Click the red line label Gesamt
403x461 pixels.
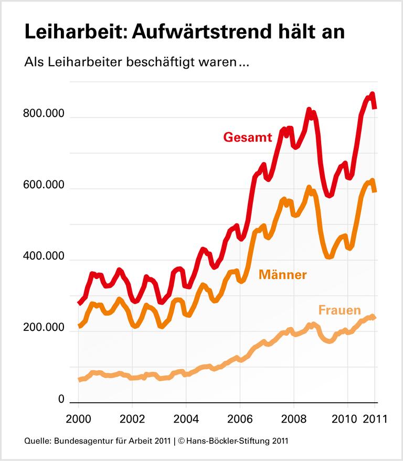click(x=248, y=137)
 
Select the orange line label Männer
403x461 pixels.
click(x=282, y=274)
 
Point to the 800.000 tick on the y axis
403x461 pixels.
click(x=44, y=115)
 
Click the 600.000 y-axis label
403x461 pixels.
click(x=44, y=186)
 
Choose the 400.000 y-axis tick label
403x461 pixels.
click(x=44, y=258)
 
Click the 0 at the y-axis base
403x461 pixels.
click(x=61, y=400)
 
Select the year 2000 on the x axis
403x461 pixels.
click(x=78, y=419)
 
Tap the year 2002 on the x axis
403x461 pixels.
click(x=132, y=419)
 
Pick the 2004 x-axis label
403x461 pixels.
click(x=186, y=419)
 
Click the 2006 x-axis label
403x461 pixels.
click(x=239, y=419)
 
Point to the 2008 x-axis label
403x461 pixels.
click(x=293, y=419)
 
